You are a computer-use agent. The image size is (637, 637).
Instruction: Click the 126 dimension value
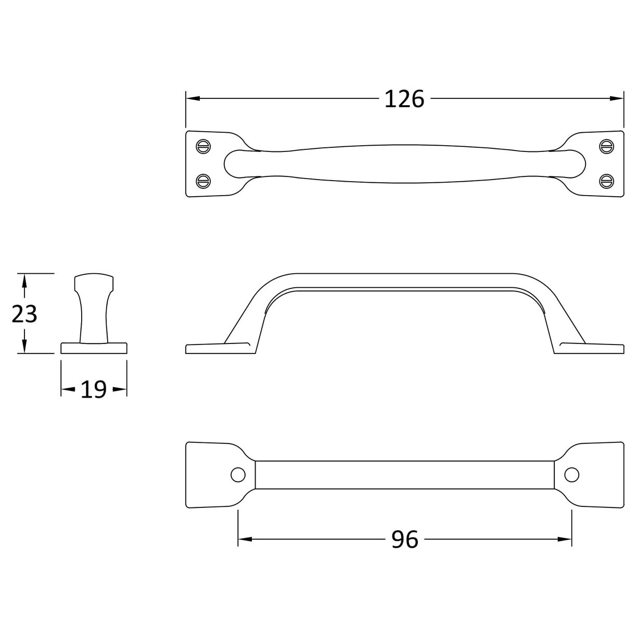(x=404, y=99)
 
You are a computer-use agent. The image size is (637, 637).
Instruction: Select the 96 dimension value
(x=404, y=540)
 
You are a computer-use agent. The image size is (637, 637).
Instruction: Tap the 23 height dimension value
(x=24, y=314)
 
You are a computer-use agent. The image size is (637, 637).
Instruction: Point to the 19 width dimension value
(x=94, y=389)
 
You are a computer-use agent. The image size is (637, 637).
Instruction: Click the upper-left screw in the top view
(x=203, y=146)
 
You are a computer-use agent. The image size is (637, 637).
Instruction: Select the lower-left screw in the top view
(x=203, y=181)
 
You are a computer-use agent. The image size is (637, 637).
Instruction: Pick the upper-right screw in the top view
(x=606, y=146)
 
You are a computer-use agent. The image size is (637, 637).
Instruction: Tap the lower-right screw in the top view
(x=606, y=181)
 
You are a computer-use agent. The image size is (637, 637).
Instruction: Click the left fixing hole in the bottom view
(x=238, y=475)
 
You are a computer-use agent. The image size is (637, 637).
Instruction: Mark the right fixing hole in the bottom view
(x=571, y=475)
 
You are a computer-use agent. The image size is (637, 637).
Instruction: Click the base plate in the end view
(x=94, y=348)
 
